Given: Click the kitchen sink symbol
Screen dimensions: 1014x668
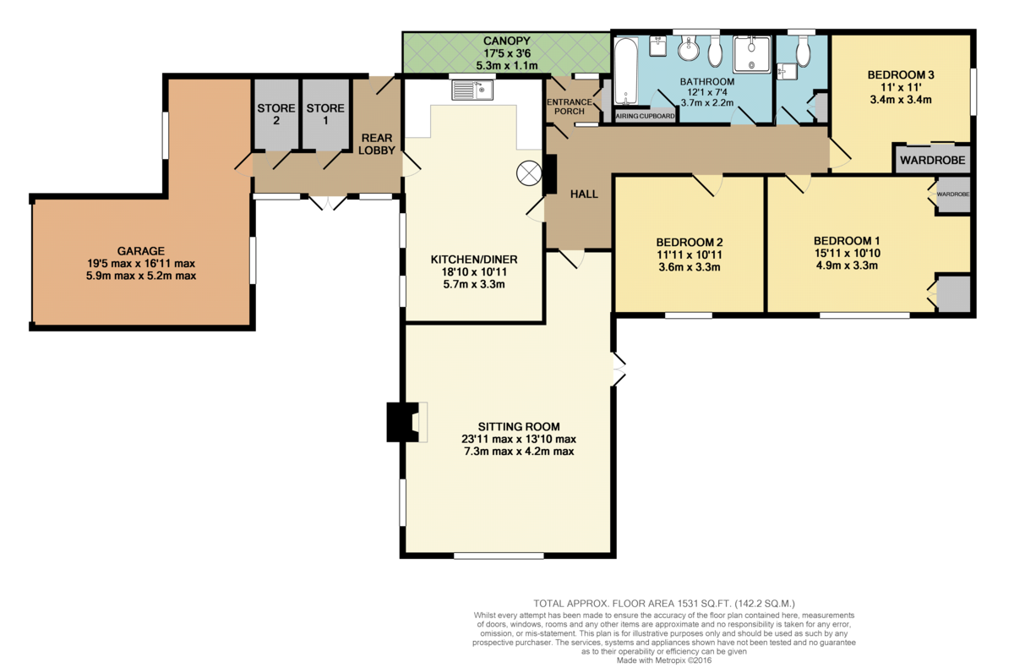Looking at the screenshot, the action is click(x=472, y=90).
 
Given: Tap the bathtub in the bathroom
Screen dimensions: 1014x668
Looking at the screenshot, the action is click(x=626, y=71).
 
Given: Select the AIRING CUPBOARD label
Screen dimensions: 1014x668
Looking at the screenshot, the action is click(x=645, y=116).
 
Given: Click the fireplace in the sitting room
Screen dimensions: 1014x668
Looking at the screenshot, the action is click(x=406, y=422).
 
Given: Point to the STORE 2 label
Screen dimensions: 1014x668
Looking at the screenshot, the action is click(x=276, y=114).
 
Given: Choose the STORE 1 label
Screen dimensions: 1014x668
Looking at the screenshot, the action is click(x=325, y=114).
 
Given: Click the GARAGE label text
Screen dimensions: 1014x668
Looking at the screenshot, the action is click(x=141, y=251).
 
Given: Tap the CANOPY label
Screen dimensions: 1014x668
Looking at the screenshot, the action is click(x=506, y=41).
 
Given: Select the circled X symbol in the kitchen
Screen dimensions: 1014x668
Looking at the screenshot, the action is click(x=529, y=173).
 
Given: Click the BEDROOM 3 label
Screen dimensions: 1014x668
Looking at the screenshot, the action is click(x=901, y=74).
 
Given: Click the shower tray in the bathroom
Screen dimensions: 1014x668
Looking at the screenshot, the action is click(x=751, y=54).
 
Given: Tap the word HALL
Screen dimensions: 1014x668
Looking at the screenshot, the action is click(x=584, y=194).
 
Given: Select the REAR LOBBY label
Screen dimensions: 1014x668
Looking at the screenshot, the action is click(x=377, y=144).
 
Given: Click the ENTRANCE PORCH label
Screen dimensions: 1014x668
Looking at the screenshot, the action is click(x=570, y=107).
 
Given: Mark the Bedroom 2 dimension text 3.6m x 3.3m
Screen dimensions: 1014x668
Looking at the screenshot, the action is click(x=690, y=267).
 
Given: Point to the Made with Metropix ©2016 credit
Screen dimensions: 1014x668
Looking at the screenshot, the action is click(x=664, y=660).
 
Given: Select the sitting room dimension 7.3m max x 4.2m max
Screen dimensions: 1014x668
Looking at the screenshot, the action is click(x=519, y=452).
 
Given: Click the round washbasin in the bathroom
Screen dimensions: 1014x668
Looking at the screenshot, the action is click(x=689, y=48).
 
